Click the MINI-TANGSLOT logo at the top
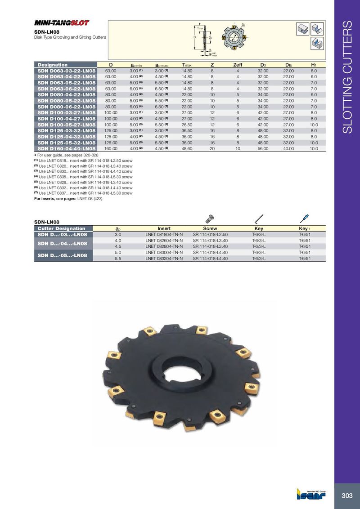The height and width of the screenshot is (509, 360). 62,23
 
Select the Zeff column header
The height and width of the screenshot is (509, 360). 238,65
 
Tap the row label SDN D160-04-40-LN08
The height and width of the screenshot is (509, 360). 67,149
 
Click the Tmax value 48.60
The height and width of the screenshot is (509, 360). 187,149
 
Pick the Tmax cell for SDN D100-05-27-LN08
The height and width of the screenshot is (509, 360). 187,125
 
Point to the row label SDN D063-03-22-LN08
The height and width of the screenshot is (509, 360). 67,71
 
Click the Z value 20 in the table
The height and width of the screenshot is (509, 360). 212,149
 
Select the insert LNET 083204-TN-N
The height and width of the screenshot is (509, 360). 164,259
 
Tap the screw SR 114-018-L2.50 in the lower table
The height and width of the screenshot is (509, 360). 210,235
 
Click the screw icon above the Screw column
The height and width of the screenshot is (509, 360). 210,219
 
